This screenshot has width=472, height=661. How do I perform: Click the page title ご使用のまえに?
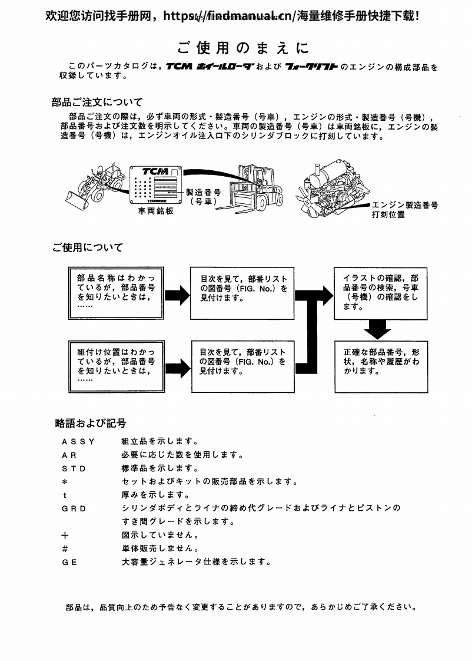pos(242,47)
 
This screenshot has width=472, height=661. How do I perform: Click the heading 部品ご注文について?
pos(97,102)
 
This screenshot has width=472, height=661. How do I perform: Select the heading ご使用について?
pos(88,247)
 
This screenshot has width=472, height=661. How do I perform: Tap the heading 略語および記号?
pos(90,423)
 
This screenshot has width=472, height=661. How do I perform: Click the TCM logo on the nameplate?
pos(155,170)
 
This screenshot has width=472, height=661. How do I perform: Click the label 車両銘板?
pos(156,211)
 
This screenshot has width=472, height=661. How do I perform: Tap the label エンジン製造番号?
pos(404,205)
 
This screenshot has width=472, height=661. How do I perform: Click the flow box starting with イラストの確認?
pos(381,292)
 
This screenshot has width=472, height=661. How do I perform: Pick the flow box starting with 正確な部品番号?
pos(381,366)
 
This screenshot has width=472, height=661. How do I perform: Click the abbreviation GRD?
pos(74,508)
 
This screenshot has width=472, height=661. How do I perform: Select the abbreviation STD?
pos(74,468)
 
